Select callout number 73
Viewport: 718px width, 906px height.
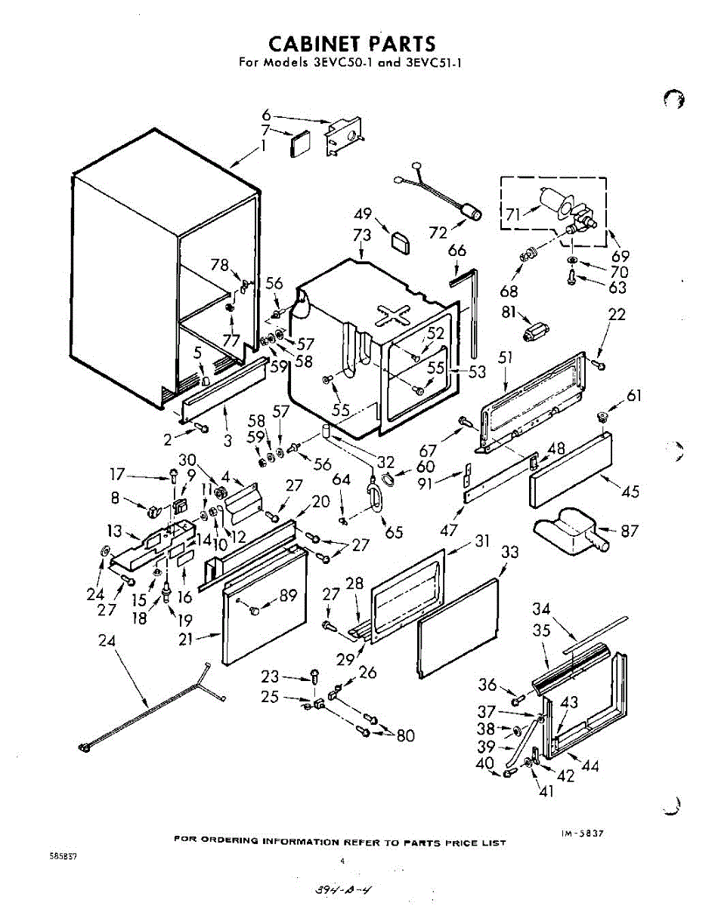point(362,236)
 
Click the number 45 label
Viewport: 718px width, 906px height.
point(630,492)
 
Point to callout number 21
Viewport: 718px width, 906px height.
point(185,639)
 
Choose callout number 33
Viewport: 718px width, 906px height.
point(510,552)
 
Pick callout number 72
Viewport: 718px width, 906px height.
point(438,233)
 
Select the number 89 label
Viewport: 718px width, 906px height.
point(288,596)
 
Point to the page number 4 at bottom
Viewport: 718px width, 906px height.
point(342,861)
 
